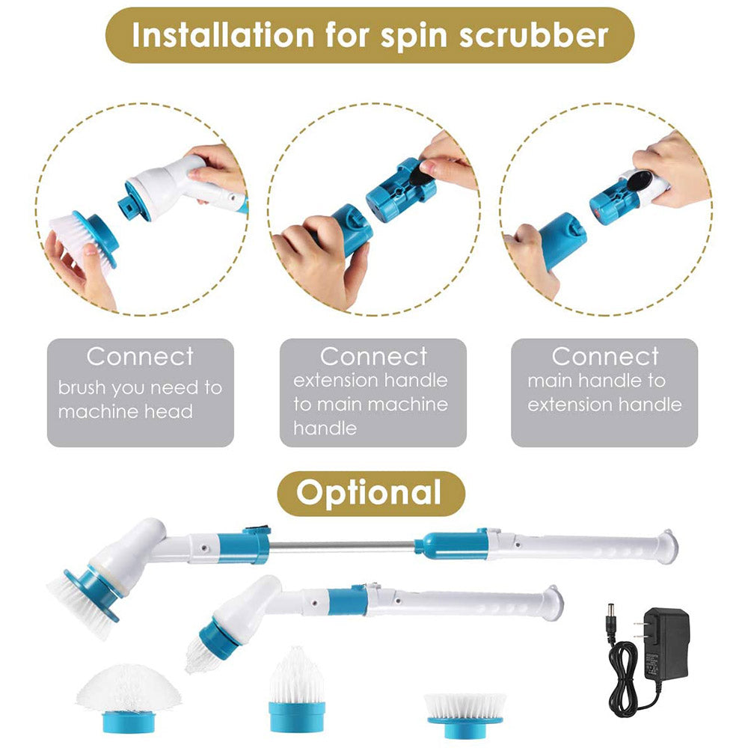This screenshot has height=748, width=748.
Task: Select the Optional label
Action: click(x=370, y=493)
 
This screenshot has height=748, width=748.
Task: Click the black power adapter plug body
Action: click(x=665, y=644)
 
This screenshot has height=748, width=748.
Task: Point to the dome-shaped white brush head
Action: click(x=129, y=687)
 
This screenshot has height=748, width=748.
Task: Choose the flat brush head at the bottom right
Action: click(x=465, y=711)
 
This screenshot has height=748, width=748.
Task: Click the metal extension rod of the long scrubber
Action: click(x=340, y=546)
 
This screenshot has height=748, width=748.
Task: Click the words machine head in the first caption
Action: click(x=125, y=411)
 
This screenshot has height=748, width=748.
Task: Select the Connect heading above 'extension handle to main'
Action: click(x=373, y=356)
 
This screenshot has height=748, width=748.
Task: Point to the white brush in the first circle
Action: click(x=75, y=236)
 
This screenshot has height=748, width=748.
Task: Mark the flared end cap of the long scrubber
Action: click(x=666, y=545)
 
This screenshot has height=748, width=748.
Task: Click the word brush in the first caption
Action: click(x=83, y=388)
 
